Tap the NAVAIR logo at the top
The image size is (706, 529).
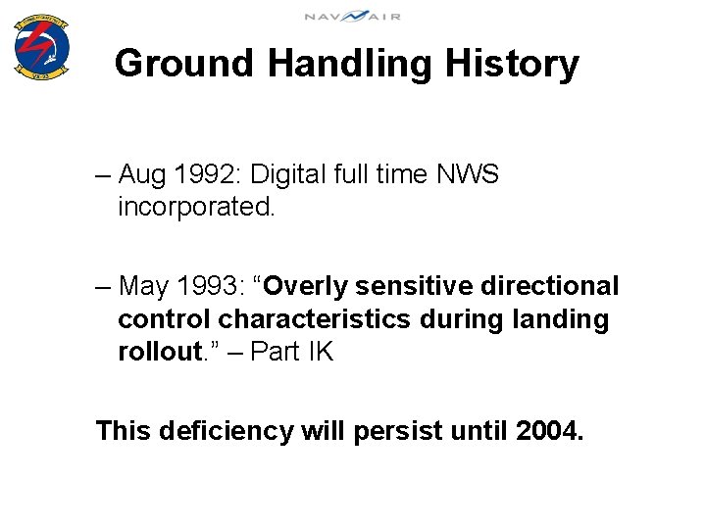(352, 16)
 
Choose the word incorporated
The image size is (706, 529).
(194, 208)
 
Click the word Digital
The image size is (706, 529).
(288, 175)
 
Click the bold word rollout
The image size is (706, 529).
(158, 353)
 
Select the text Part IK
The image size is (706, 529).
(292, 353)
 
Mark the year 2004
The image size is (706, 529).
(548, 431)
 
